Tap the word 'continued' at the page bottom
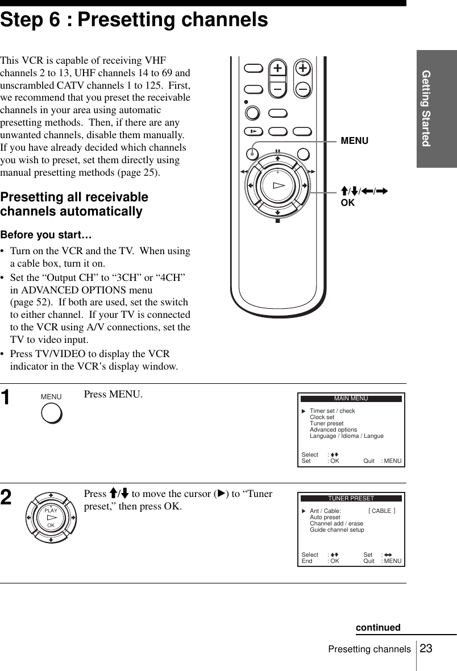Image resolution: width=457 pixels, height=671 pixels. [378, 628]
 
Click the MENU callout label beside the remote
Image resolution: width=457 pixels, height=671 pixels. [354, 140]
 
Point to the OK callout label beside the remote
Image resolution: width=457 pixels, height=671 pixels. [347, 202]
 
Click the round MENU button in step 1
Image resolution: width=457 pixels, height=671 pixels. [52, 413]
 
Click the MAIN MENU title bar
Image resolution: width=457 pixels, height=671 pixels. [351, 399]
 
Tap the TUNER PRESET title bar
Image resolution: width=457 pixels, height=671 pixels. [351, 499]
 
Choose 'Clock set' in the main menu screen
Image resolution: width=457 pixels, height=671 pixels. [322, 417]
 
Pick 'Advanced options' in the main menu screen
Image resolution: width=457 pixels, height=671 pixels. [333, 430]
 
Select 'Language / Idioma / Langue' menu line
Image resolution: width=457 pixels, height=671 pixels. [346, 436]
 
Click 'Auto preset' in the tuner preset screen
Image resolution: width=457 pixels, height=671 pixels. [325, 517]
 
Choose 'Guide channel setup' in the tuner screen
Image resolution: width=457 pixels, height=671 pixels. [336, 530]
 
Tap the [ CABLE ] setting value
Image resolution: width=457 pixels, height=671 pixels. [382, 511]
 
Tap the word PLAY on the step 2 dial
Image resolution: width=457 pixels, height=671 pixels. [51, 511]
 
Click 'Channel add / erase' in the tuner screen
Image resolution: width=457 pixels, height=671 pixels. [336, 524]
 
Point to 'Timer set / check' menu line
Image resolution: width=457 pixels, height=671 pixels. [332, 411]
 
